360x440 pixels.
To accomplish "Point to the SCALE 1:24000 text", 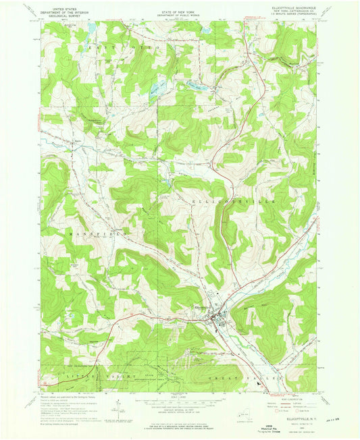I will (179, 396).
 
